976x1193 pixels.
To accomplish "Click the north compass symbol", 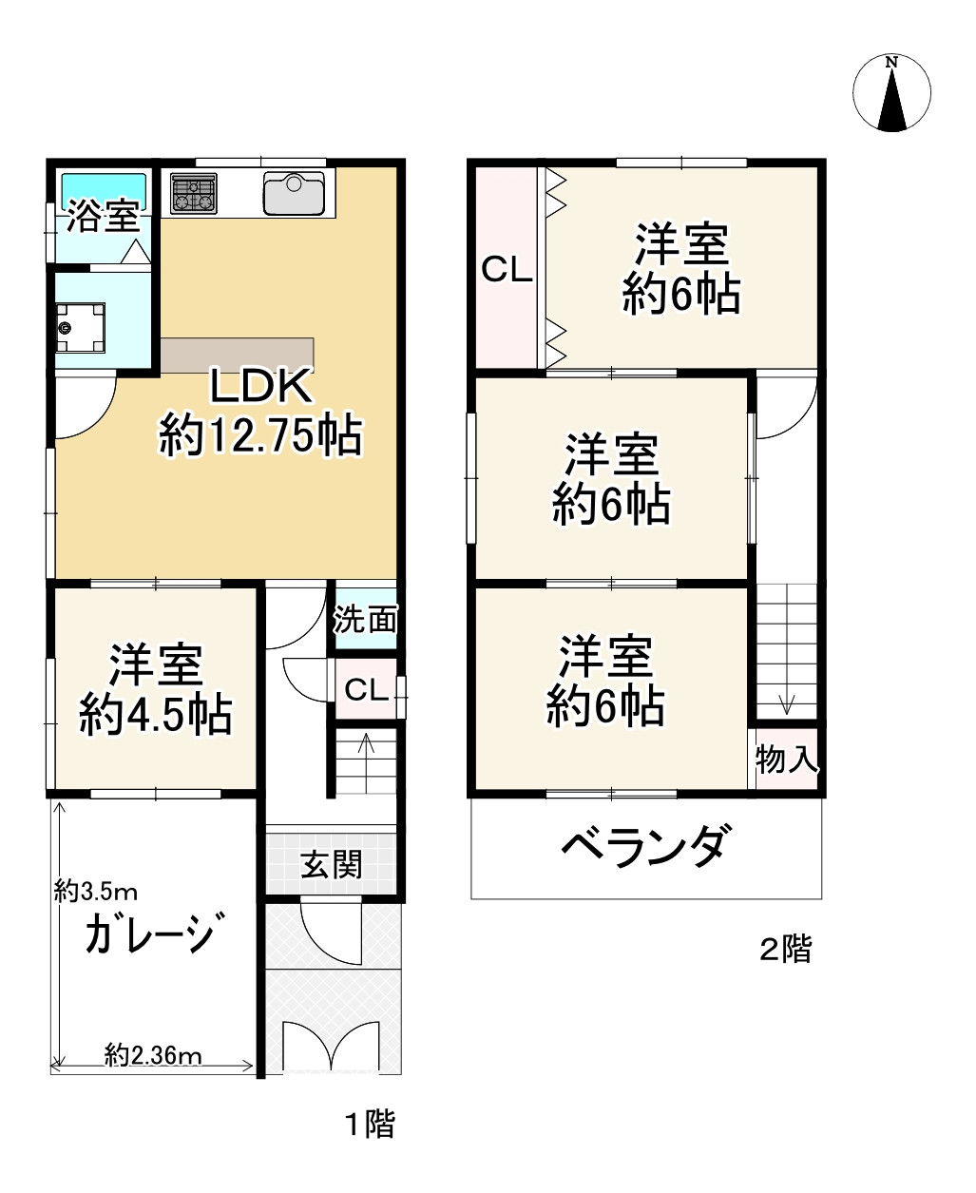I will point(891,93).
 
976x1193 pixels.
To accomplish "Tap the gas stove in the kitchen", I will point(195,194).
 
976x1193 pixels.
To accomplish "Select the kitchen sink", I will point(294,194).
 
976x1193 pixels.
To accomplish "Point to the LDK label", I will point(259,388).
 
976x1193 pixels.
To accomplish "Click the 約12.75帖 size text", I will point(259,436).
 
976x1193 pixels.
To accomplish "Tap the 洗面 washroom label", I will point(365,621).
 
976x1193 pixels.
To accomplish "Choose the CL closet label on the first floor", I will point(366,690).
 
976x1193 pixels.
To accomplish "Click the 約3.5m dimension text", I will point(97,892).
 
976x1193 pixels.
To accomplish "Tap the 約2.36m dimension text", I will point(153,1054).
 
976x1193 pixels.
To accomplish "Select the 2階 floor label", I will point(785,949).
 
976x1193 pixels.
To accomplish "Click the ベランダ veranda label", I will point(646,845).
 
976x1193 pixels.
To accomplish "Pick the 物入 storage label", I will point(786,759).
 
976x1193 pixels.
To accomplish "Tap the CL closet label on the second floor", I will point(507,270).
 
